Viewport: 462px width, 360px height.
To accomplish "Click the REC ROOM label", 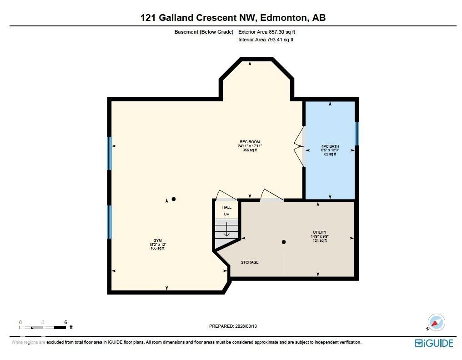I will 250,142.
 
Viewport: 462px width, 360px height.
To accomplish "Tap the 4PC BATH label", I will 330,146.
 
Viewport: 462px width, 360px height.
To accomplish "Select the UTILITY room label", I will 319,232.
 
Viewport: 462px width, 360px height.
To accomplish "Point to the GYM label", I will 157,240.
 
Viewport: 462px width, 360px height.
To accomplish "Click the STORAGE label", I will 250,262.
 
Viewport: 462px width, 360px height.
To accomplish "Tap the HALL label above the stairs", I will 226,207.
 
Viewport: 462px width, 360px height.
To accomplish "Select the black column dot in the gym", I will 173,199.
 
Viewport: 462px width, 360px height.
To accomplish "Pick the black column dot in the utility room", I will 283,242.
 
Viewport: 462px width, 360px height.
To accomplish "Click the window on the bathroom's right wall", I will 357,133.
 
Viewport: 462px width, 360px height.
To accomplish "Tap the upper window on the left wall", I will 109,154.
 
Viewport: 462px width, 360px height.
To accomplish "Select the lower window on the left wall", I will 109,222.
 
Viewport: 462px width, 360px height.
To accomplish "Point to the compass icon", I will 437,323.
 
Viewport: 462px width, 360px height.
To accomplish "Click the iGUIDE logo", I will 434,343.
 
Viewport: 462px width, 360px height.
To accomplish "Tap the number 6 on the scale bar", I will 66,322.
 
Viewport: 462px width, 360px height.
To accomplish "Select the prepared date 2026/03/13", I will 249,326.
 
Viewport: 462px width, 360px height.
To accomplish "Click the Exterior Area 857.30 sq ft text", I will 266,32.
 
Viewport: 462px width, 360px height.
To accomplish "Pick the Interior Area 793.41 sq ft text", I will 266,40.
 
